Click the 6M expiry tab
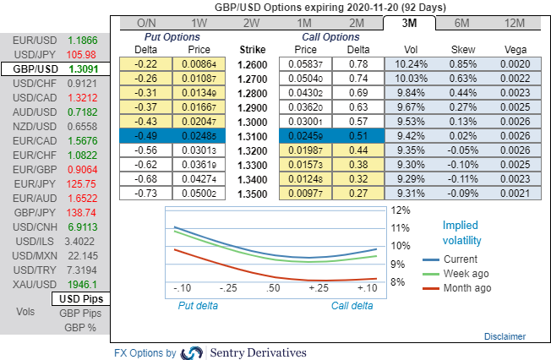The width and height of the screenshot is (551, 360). click(462, 22)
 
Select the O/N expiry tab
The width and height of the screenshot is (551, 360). click(146, 22)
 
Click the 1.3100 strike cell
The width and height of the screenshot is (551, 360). click(253, 136)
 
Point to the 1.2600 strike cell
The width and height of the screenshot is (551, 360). click(253, 64)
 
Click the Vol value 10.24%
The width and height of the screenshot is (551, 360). click(412, 64)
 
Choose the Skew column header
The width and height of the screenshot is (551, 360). click(463, 49)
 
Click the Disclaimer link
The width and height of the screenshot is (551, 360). click(505, 336)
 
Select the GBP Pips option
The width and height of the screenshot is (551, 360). click(80, 313)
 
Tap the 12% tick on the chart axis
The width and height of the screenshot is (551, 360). click(400, 210)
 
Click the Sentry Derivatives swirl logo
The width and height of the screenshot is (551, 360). click(193, 352)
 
